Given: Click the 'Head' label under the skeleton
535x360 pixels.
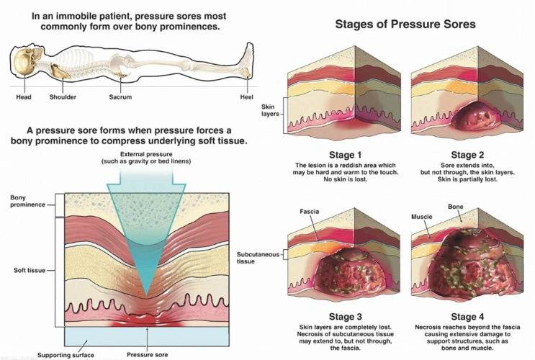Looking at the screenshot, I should pyautogui.click(x=24, y=96).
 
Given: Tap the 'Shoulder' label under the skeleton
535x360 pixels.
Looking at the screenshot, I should pyautogui.click(x=63, y=96).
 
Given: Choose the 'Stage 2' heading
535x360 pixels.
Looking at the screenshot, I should pyautogui.click(x=463, y=154).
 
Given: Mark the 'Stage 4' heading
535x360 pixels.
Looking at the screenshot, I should pyautogui.click(x=463, y=315).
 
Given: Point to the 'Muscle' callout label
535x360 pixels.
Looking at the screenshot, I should pyautogui.click(x=421, y=216).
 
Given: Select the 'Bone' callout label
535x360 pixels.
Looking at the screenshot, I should pyautogui.click(x=456, y=207).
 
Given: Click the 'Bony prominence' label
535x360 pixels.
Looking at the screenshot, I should pyautogui.click(x=27, y=201).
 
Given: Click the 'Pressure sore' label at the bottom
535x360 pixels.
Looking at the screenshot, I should pyautogui.click(x=147, y=355).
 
